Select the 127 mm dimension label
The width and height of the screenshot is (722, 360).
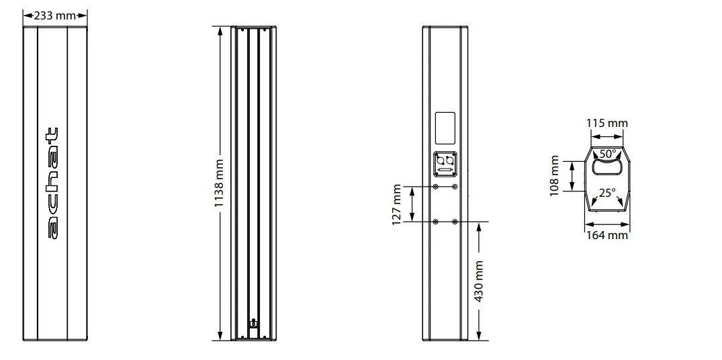[x=396, y=204]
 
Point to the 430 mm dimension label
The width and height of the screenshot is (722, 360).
[x=479, y=281]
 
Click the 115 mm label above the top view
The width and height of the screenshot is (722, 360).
[x=606, y=124]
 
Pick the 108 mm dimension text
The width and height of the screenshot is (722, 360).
[x=555, y=175]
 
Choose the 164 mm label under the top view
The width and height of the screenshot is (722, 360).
[x=607, y=235]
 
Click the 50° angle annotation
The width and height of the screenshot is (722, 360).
[x=607, y=154]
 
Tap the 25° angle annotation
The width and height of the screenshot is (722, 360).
[x=607, y=193]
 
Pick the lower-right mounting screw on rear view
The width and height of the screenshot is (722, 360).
[x=455, y=222]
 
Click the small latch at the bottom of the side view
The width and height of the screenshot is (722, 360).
[x=253, y=324]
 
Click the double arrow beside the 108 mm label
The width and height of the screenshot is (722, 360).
[x=572, y=176]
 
